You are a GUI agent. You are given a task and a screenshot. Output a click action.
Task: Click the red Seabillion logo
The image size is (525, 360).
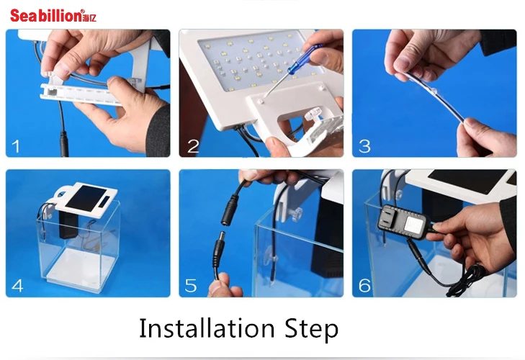point(53,16)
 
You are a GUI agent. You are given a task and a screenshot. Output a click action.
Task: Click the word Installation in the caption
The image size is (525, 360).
point(207,328)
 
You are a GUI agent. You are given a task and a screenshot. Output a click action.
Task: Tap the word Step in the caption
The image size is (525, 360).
point(312,330)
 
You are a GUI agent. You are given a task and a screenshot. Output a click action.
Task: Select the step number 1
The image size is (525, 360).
point(16,146)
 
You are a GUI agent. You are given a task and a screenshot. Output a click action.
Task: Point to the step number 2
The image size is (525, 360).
point(193,146)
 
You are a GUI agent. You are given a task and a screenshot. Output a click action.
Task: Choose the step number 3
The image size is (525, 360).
point(364,146)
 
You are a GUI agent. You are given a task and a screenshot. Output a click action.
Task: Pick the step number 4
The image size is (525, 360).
point(17,286)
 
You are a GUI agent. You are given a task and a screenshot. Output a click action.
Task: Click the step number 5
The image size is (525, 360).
point(191,286)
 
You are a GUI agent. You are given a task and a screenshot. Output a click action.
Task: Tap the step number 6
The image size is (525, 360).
point(364,286)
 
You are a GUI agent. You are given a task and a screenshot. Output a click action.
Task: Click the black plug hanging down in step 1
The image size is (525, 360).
point(63,144)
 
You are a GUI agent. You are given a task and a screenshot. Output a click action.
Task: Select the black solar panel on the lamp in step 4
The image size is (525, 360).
point(86,198)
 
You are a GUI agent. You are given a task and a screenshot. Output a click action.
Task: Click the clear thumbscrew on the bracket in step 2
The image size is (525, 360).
point(312,115)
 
